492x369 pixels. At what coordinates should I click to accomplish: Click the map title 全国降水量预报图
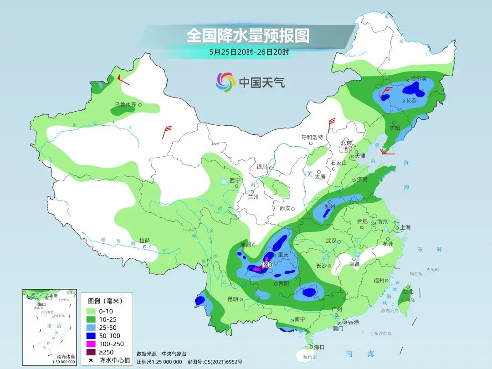(248, 36)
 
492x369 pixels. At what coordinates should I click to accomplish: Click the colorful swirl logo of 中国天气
(225, 82)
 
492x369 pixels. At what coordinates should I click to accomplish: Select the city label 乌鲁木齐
(125, 105)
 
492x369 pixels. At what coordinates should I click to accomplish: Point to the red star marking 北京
(346, 149)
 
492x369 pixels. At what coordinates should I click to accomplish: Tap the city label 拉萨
(144, 241)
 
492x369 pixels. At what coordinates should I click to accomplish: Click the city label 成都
(245, 245)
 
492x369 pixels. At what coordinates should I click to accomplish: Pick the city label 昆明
(232, 299)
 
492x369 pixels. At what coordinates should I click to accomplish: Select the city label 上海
(405, 227)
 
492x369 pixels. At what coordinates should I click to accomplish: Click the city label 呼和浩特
(312, 137)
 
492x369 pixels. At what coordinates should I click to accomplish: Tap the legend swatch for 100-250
(91, 344)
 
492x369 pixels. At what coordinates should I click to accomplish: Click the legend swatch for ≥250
(91, 352)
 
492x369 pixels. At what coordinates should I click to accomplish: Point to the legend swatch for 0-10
(91, 311)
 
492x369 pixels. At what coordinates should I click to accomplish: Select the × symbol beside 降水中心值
(91, 360)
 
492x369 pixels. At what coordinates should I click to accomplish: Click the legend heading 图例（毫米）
(105, 301)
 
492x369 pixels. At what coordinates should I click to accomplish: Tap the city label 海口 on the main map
(319, 347)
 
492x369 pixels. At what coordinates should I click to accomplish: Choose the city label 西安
(285, 208)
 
